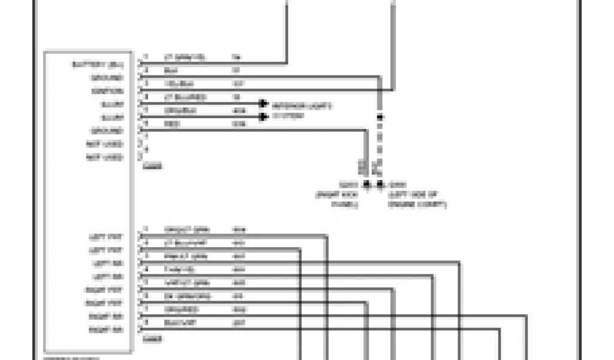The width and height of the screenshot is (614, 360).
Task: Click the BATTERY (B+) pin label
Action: pos(106,64)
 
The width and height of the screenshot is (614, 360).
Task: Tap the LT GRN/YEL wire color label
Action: pos(185,58)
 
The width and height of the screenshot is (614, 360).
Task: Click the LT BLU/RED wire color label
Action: pos(185,97)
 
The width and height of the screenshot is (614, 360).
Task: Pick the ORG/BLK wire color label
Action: pos(180,110)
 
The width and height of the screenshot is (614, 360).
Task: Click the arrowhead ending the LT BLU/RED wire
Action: pos(263,103)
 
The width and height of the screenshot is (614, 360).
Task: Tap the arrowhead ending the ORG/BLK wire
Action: pos(263,116)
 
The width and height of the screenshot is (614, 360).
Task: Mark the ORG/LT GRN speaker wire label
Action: pos(186,230)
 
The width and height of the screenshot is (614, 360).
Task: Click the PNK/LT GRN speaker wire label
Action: pos(186,256)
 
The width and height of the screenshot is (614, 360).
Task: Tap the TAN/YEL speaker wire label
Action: pos(178,269)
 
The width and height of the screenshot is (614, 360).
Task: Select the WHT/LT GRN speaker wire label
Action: pos(186,283)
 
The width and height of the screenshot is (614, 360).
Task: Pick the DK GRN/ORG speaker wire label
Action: pos(186,296)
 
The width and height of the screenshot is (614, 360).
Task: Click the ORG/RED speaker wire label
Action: pos(180,309)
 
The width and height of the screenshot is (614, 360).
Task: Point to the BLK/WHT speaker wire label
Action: pos(180,322)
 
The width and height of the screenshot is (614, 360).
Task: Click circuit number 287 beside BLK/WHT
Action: pos(238,322)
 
